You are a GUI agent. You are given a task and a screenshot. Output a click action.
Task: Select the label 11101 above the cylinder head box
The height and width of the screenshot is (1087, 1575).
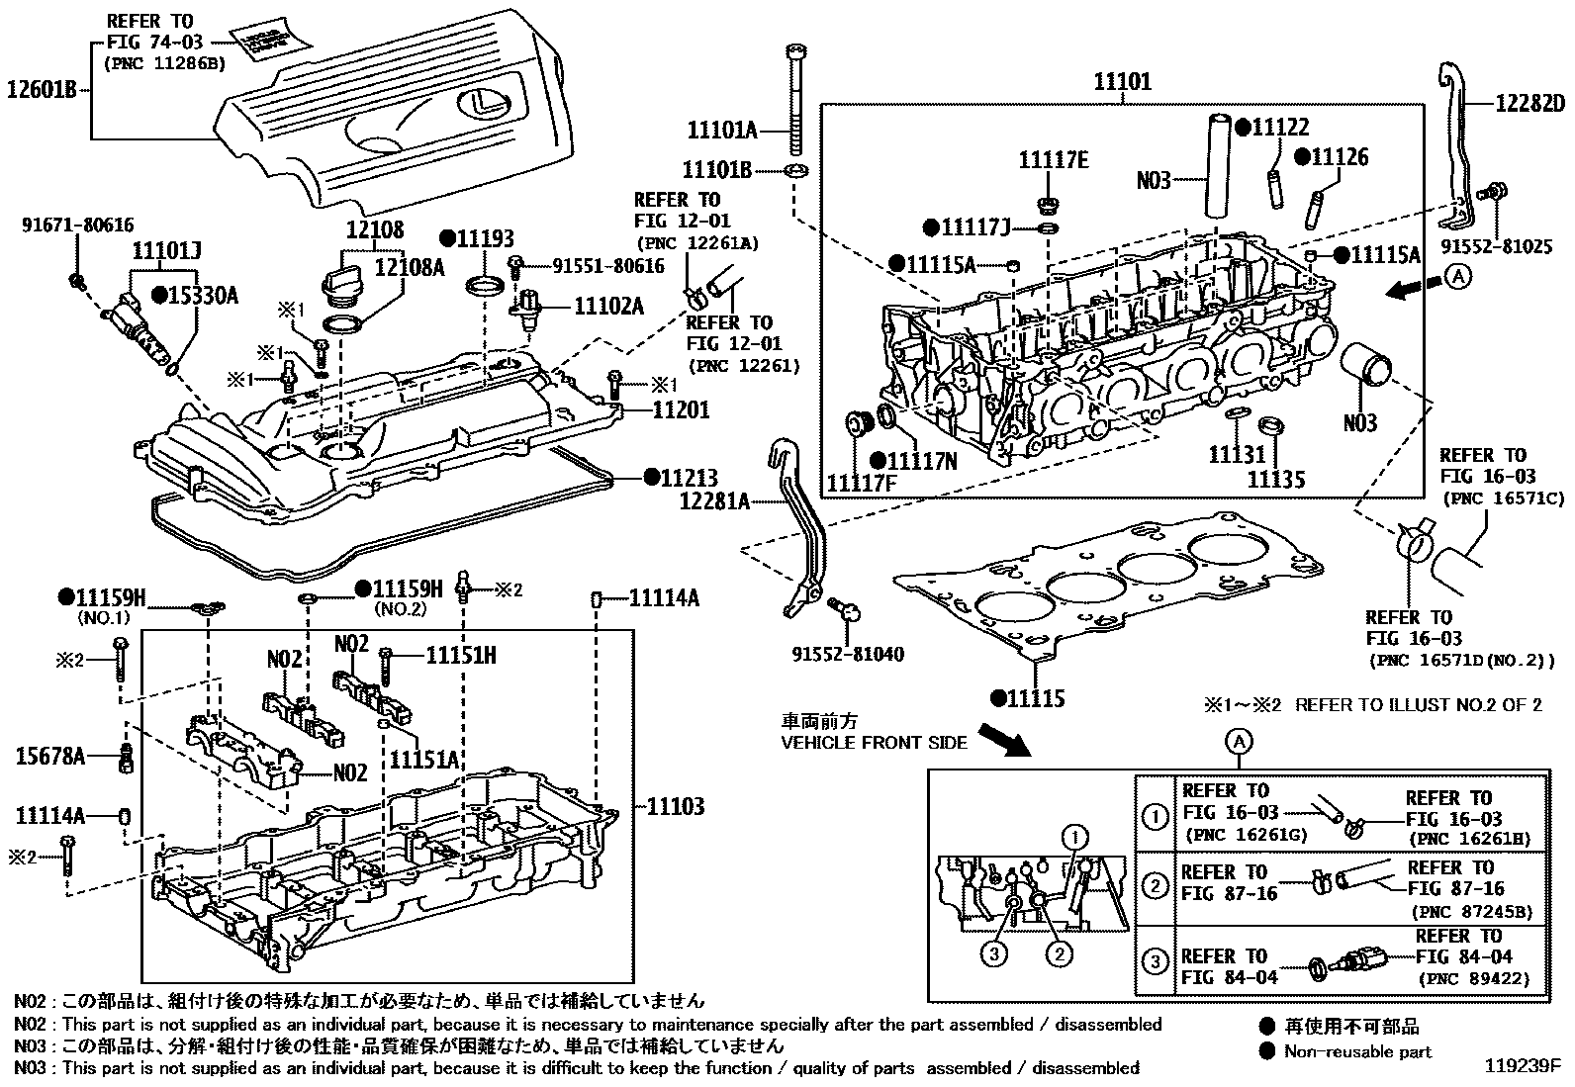[x=1122, y=82]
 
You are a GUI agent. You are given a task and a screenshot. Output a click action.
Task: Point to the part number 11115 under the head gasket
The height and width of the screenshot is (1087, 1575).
[x=1037, y=698]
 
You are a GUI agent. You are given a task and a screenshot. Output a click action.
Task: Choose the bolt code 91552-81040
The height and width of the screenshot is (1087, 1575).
[x=848, y=654]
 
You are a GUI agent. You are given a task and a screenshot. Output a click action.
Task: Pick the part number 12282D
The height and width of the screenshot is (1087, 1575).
[x=1529, y=104]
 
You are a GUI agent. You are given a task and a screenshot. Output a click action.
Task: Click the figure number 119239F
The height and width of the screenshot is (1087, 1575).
[x=1522, y=1067]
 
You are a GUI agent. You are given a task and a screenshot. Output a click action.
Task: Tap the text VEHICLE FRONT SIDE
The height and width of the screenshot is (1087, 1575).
[x=874, y=742]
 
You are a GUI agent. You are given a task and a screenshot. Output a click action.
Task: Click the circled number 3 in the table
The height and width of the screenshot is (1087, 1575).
[x=1155, y=959]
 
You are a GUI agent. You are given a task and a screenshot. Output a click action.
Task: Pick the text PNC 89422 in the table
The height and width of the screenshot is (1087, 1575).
[x=1473, y=979]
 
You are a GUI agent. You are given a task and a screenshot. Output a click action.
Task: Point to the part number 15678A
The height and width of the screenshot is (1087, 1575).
[x=50, y=758]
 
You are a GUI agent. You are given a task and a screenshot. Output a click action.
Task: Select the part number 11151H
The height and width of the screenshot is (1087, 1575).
[x=461, y=654]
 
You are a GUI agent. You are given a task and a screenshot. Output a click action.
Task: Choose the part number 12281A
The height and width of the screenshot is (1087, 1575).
[x=715, y=501]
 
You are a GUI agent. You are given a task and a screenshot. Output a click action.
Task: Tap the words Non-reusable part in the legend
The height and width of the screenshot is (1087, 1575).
[x=1357, y=1050]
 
